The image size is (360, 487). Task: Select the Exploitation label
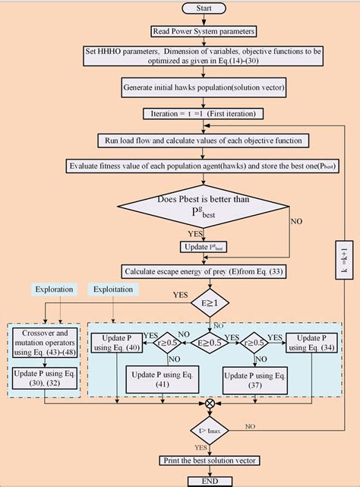tap(115, 289)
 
